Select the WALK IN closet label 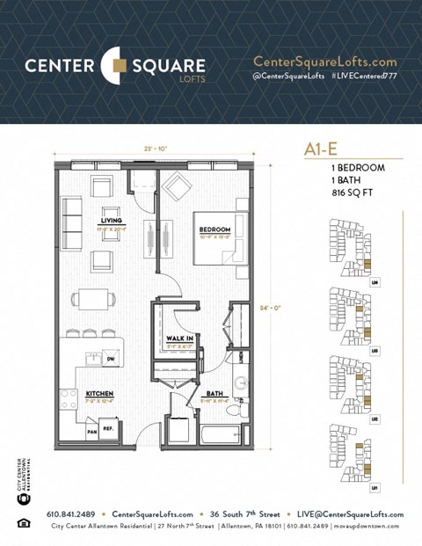point(180,337)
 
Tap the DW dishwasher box point(110,360)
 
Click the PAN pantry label point(91,431)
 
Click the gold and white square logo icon point(115,64)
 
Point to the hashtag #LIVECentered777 point(364,77)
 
